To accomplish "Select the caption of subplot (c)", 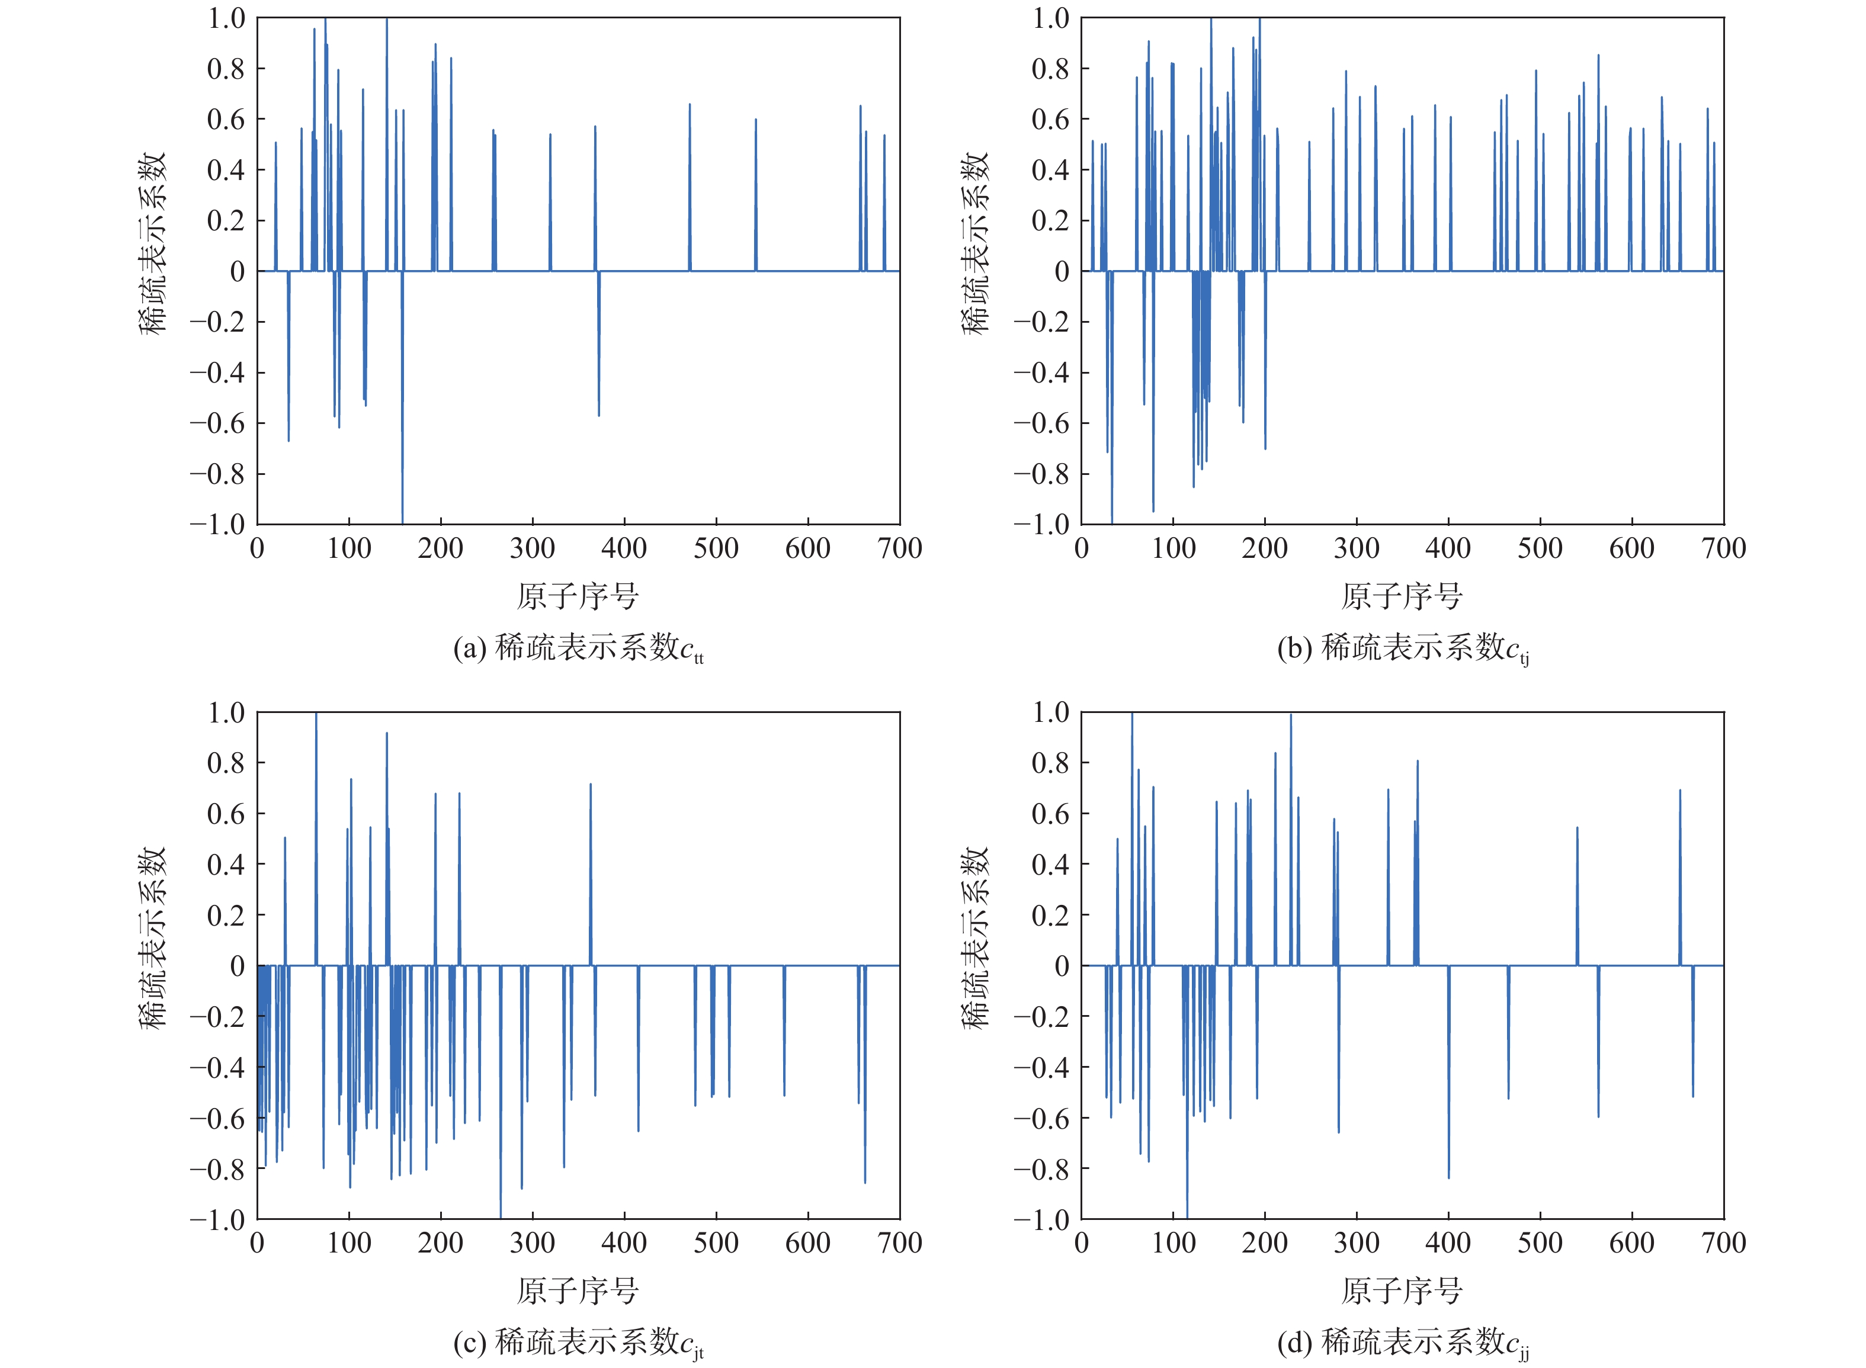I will point(578,1343).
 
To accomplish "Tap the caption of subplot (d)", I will point(1403,1343).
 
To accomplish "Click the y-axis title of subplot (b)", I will point(976,243).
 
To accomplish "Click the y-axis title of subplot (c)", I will point(152,937).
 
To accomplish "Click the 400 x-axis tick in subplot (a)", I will point(624,548).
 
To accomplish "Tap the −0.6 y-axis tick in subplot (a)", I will point(218,423).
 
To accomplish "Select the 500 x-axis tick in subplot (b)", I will point(1540,548).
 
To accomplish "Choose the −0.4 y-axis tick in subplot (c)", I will point(218,1067).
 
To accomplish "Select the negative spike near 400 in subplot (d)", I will point(1448,1077).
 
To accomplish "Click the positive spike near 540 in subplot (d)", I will point(1577,894).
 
